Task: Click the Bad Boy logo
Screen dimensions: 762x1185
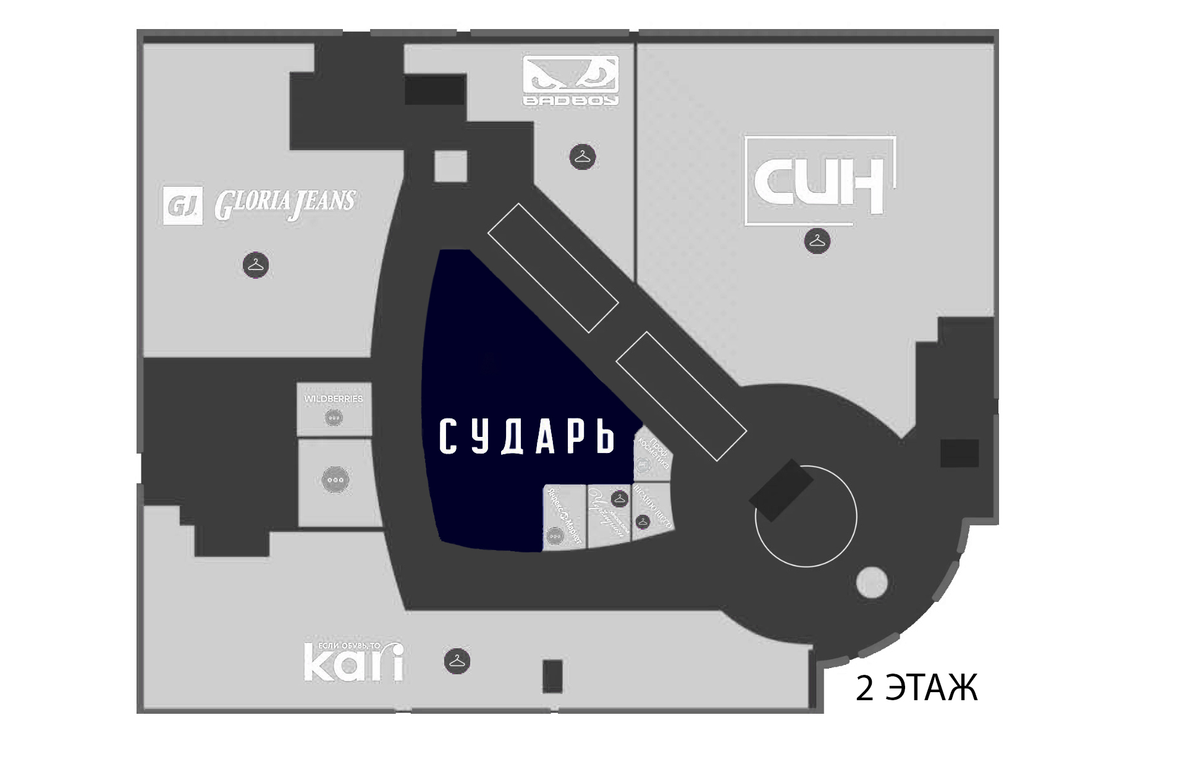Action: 570,80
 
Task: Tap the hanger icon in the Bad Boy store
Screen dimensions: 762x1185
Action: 582,157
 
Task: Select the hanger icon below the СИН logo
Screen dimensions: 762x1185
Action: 817,240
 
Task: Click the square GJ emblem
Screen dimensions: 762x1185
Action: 183,205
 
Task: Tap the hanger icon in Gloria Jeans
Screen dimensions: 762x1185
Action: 255,265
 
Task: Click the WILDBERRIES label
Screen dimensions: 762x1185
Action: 334,399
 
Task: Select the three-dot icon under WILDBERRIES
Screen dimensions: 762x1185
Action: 334,418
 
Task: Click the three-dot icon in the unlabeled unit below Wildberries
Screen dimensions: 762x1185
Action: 335,480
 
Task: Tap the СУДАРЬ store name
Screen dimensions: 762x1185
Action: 527,436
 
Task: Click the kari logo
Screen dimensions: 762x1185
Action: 353,662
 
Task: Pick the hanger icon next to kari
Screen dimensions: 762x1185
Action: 457,661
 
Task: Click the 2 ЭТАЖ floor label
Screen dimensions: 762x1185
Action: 916,688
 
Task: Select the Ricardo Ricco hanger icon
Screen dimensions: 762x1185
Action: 643,522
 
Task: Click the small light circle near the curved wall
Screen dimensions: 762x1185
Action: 871,582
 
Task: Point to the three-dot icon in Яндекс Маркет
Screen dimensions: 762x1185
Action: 555,536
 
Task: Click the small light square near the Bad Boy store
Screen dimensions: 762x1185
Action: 450,166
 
